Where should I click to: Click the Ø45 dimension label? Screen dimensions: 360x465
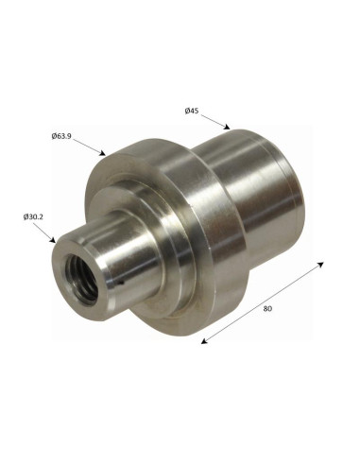192,111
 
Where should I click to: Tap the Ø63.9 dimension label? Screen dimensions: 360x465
61,136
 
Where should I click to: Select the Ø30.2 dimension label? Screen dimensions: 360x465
33,216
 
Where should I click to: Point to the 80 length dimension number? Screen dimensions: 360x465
267,309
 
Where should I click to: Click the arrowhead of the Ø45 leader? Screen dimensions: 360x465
227,127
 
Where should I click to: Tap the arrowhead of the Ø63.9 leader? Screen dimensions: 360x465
102,153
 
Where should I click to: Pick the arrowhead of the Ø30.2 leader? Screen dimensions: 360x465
53,240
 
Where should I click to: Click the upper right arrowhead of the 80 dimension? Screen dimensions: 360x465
320,264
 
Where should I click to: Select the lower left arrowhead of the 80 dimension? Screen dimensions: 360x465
204,340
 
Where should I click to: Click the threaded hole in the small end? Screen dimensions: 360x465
81,279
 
